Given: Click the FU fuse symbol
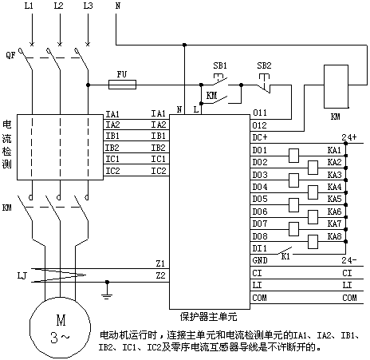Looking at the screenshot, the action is pyautogui.click(x=122, y=85).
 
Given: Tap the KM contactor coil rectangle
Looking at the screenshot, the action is pyautogui.click(x=336, y=86).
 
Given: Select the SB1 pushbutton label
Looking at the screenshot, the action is pyautogui.click(x=220, y=65).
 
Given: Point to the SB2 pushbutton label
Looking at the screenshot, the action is pyautogui.click(x=264, y=65).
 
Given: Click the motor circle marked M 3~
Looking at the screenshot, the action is pyautogui.click(x=60, y=327).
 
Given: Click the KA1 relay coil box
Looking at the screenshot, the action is pyautogui.click(x=293, y=156).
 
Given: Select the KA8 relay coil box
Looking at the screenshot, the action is pyautogui.click(x=313, y=242).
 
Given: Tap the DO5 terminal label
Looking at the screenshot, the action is pyautogui.click(x=260, y=199).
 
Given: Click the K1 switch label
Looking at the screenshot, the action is pyautogui.click(x=285, y=257).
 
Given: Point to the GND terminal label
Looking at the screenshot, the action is pyautogui.click(x=260, y=260).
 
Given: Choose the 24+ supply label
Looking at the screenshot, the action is pyautogui.click(x=349, y=137).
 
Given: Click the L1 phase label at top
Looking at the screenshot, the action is pyautogui.click(x=29, y=6).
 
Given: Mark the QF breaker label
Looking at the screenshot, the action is pyautogui.click(x=10, y=55).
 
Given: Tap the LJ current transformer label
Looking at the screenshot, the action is pyautogui.click(x=22, y=275).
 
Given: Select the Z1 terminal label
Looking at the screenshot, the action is pyautogui.click(x=160, y=263).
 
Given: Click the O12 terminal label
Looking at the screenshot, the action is pyautogui.click(x=259, y=125).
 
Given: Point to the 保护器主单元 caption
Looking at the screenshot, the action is pyautogui.click(x=209, y=317).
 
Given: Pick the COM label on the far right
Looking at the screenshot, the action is pyautogui.click(x=349, y=298).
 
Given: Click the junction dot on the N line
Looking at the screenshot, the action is pyautogui.click(x=184, y=45).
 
